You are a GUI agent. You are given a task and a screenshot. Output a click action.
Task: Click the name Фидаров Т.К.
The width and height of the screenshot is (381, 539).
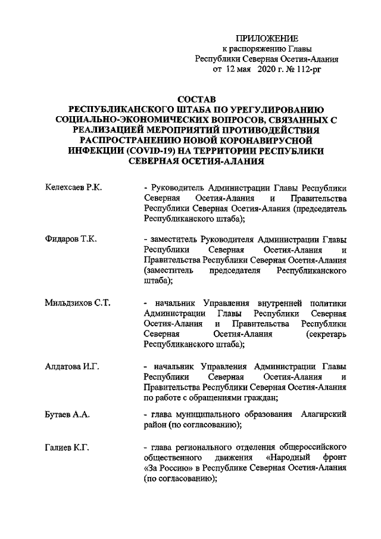coord(71,239)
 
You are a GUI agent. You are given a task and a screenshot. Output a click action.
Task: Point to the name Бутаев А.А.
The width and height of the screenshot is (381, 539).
coord(67,414)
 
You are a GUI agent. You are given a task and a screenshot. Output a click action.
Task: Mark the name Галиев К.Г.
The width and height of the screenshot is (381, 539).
coord(67,447)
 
